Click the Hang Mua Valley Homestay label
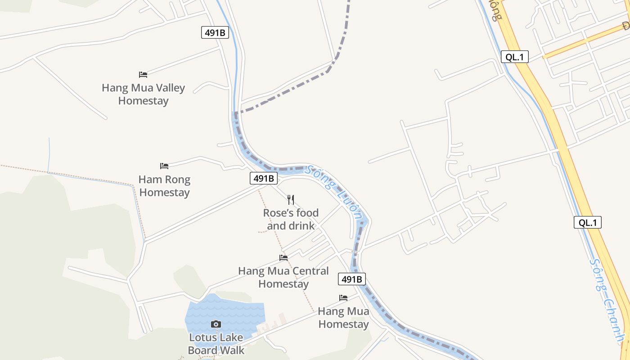pyautogui.click(x=143, y=94)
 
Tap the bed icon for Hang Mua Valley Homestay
pyautogui.click(x=143, y=74)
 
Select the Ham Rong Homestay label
pyautogui.click(x=164, y=186)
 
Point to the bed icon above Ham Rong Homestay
pyautogui.click(x=164, y=166)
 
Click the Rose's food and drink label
pyautogui.click(x=291, y=219)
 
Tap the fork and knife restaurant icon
pyautogui.click(x=291, y=199)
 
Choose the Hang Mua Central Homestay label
pyautogui.click(x=283, y=278)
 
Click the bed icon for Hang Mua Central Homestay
pyautogui.click(x=283, y=258)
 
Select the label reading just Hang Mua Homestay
pyautogui.click(x=343, y=318)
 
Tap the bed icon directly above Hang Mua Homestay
pyautogui.click(x=343, y=298)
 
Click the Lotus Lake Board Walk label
pyautogui.click(x=216, y=344)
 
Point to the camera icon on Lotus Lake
pyautogui.click(x=216, y=324)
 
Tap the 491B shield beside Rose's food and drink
pyautogui.click(x=264, y=178)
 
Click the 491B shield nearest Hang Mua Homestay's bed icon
pyautogui.click(x=352, y=279)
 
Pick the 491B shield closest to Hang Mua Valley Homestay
pyautogui.click(x=215, y=32)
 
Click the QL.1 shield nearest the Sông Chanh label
pyautogui.click(x=588, y=222)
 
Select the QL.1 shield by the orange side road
pyautogui.click(x=515, y=57)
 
